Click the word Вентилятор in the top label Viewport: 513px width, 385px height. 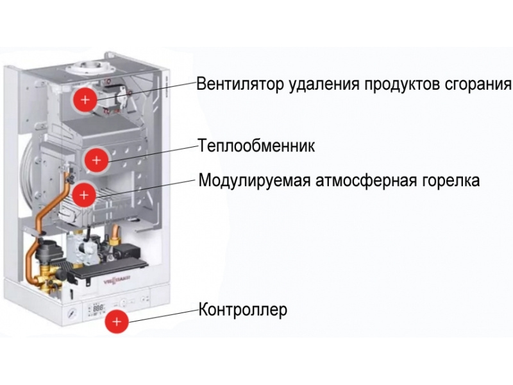233,84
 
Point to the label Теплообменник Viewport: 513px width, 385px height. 256,146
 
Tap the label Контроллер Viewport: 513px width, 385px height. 243,311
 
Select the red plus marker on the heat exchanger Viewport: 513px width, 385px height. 96,158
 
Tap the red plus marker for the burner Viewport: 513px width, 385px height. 84,193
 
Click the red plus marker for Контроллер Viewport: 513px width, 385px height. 116,320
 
